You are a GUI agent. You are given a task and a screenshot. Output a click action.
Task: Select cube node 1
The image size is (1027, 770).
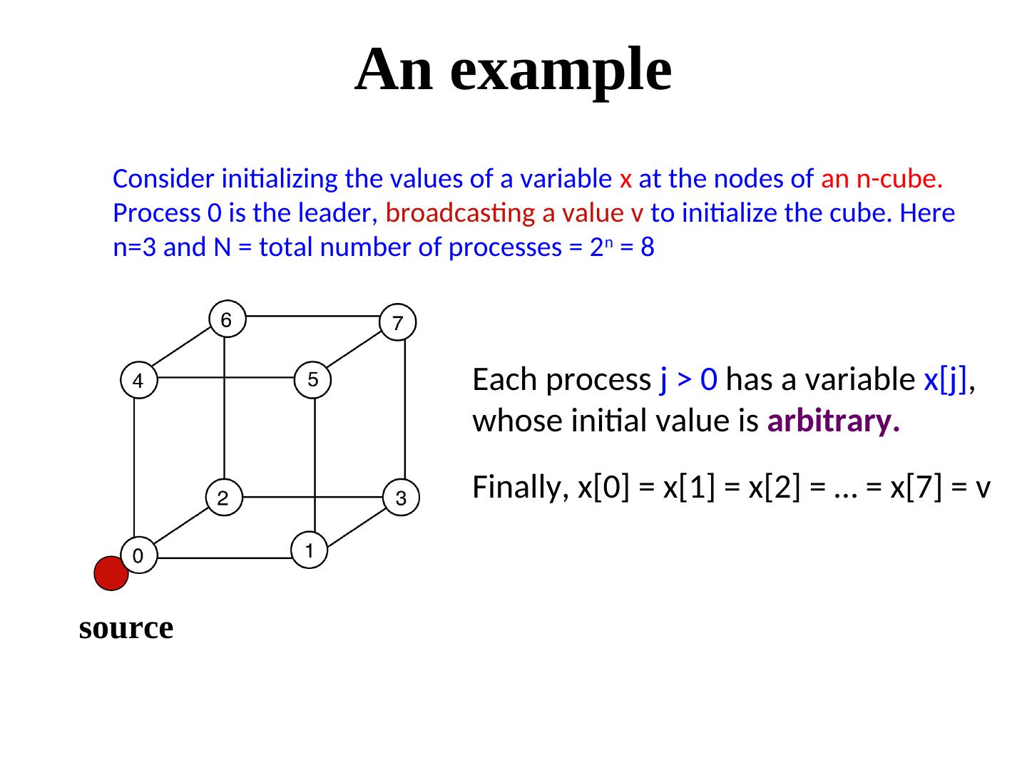(x=309, y=550)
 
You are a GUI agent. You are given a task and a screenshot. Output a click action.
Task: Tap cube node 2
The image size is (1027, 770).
(x=223, y=498)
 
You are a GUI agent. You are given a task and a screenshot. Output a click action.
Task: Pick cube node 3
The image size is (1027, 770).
(x=400, y=498)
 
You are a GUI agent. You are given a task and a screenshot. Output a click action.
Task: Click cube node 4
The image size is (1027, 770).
(x=138, y=381)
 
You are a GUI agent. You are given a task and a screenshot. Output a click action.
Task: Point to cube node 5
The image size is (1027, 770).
(x=312, y=379)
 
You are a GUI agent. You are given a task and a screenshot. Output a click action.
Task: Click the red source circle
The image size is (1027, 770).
(x=111, y=574)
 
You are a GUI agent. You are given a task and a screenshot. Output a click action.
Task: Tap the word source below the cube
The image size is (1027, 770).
(x=126, y=628)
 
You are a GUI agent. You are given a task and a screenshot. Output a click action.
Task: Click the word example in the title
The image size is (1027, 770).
(x=561, y=69)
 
